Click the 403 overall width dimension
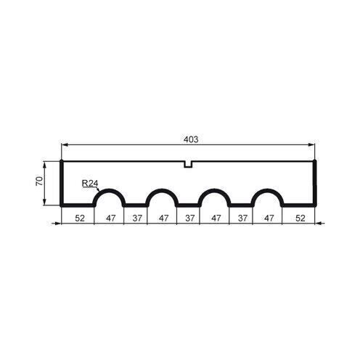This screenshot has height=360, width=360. pos(191,139)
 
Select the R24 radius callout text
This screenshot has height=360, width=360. pos(90,184)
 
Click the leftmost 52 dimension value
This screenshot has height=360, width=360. pos(78,216)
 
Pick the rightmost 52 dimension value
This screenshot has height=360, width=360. pos(299,216)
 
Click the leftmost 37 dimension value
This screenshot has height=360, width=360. pos(137,216)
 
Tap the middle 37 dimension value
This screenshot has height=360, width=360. pos(189,216)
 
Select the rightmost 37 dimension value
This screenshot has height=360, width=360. pos(242,216)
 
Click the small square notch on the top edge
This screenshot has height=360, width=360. pos(189,164)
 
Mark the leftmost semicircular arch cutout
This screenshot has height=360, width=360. pos(110,198)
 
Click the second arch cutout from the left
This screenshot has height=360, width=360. pos(163,198)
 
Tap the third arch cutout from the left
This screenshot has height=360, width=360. pos(215,198)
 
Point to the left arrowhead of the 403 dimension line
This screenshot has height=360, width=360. pos(64,145)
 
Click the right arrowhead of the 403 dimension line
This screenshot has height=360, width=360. pos(314,145)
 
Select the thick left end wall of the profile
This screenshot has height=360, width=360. pos(62,182)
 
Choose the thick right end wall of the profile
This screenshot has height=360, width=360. pos(317,182)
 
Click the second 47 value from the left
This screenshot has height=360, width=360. pos(163,216)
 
